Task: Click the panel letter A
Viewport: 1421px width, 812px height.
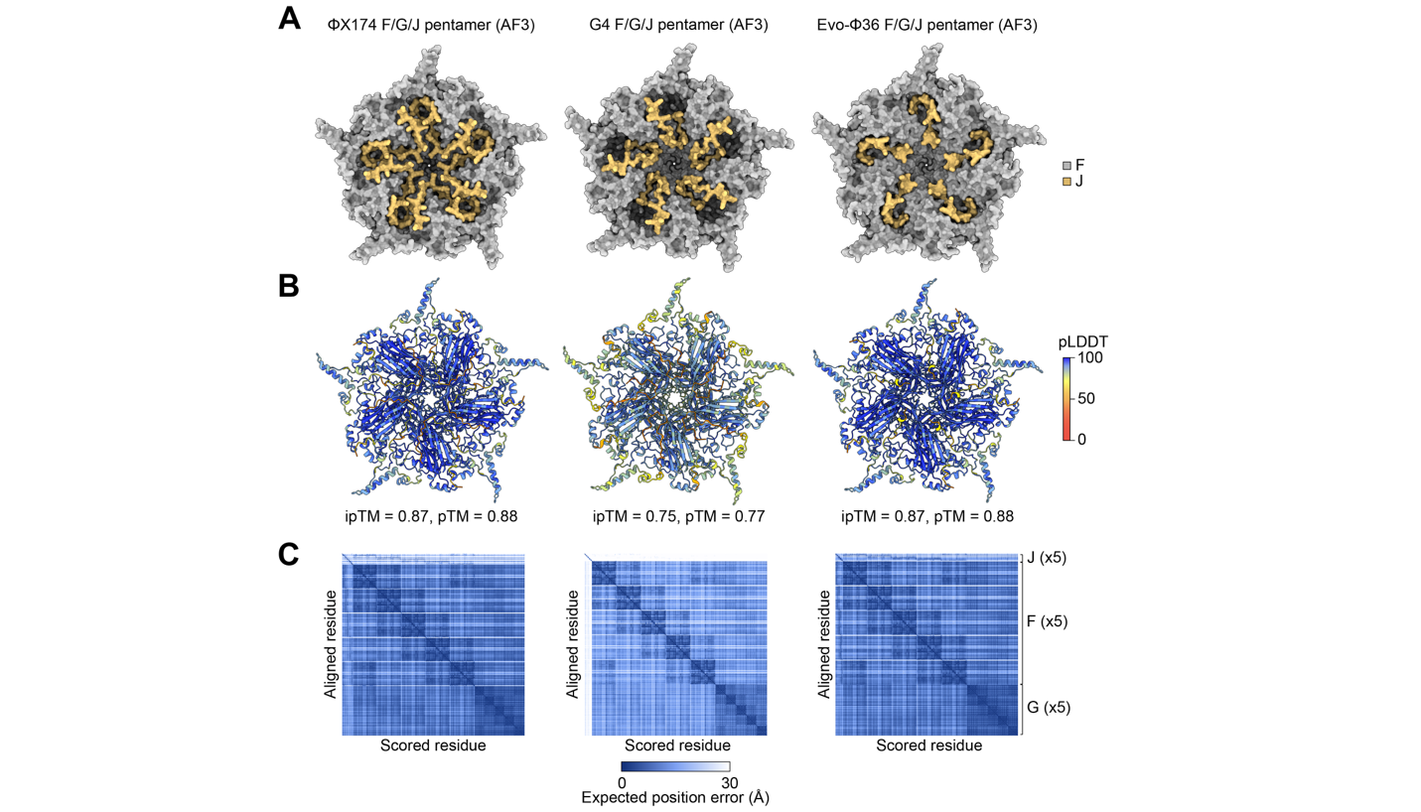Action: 290,19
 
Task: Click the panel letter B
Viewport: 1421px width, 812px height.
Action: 289,286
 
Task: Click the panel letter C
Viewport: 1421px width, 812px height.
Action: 289,555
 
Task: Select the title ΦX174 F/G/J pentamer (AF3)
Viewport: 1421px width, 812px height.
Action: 431,25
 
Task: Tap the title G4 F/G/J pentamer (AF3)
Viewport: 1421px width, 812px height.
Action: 679,25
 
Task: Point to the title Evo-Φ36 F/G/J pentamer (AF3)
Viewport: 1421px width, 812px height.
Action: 927,25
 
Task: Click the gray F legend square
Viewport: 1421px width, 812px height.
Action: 1067,166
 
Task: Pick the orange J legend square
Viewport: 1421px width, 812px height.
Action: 1067,182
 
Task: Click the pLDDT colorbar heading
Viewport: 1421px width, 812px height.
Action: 1082,342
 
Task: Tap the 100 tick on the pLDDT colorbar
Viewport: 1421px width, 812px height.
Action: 1090,357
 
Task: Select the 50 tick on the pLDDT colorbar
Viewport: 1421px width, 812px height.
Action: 1086,398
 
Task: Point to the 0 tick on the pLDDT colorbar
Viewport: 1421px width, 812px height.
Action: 1082,439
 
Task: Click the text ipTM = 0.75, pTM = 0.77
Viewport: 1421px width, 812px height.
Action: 679,516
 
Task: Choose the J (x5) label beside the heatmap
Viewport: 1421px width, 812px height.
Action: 1047,558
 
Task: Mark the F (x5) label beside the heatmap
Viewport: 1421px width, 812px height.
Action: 1048,621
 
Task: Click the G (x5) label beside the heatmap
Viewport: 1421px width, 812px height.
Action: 1049,708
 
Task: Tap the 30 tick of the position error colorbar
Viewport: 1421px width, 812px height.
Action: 730,783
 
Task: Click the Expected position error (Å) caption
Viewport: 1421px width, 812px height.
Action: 675,797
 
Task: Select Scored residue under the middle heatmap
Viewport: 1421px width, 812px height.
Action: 677,745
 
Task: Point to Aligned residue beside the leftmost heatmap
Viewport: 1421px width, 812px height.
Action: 331,644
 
